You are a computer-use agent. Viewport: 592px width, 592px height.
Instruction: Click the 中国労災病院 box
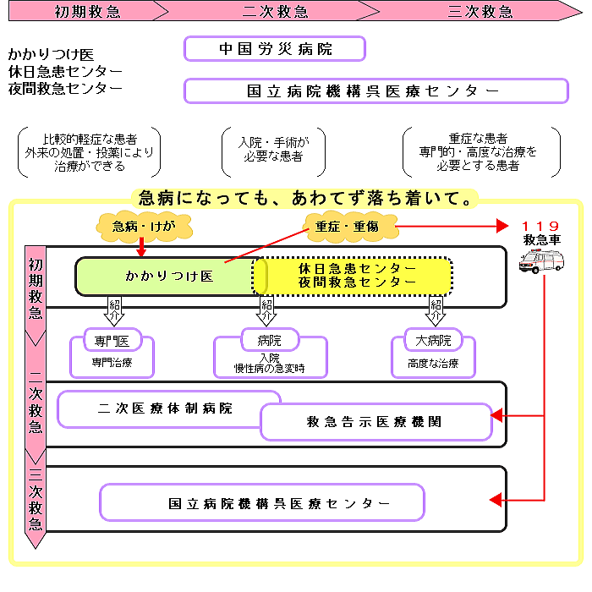(x=274, y=49)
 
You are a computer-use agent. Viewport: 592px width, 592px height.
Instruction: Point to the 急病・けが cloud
(x=141, y=226)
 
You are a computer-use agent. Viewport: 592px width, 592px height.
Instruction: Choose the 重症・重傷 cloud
(x=347, y=226)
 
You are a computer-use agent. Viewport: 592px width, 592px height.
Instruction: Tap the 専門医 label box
(x=112, y=342)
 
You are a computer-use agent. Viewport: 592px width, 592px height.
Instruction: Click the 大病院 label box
(x=434, y=342)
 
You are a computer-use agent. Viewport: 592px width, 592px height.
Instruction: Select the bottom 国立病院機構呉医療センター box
(x=262, y=502)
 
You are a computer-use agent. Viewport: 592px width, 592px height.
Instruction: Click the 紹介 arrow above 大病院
(x=436, y=310)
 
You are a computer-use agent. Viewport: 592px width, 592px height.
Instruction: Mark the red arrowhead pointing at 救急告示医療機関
(x=498, y=415)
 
